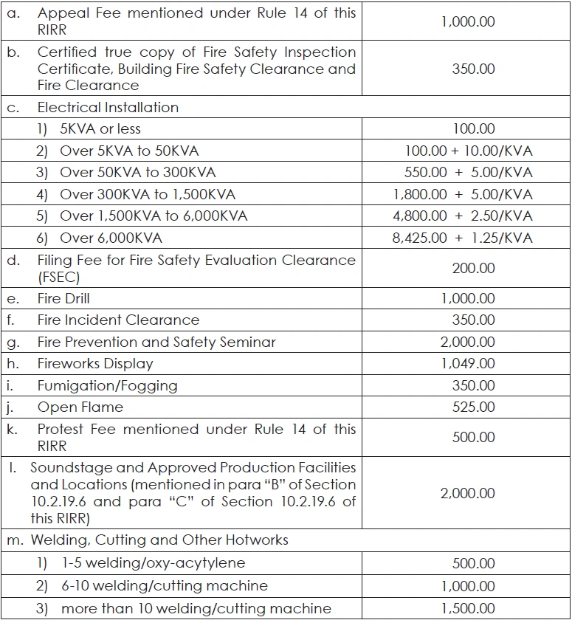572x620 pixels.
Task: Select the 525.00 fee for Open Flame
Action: (473, 407)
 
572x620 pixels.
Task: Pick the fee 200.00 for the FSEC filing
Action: (473, 268)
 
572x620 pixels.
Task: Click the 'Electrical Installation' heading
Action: (108, 108)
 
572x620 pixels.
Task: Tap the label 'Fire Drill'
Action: (63, 299)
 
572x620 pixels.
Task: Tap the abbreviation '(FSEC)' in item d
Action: (59, 278)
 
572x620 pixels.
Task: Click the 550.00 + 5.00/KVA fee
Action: (467, 173)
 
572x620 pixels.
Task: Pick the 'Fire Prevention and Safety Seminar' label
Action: (156, 342)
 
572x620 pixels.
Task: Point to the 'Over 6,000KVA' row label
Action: (111, 238)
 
